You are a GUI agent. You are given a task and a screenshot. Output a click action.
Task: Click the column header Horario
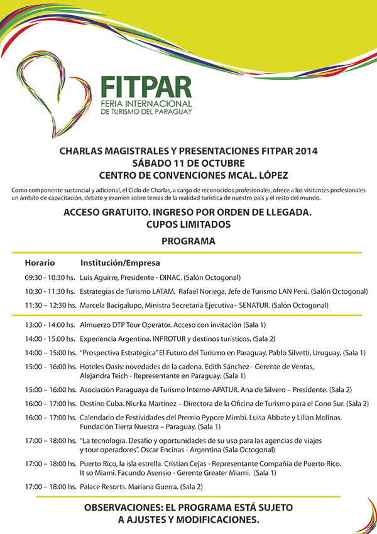40,262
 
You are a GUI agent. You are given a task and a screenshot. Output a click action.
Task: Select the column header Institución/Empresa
120,262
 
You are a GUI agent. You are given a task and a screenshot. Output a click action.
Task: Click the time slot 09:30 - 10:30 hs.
50,277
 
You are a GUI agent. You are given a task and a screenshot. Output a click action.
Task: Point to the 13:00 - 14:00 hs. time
50,325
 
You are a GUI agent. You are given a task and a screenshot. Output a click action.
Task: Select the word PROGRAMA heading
188,241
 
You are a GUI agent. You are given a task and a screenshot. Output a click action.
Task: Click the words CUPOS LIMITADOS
188,225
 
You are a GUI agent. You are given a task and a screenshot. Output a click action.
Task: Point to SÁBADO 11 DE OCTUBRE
188,162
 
